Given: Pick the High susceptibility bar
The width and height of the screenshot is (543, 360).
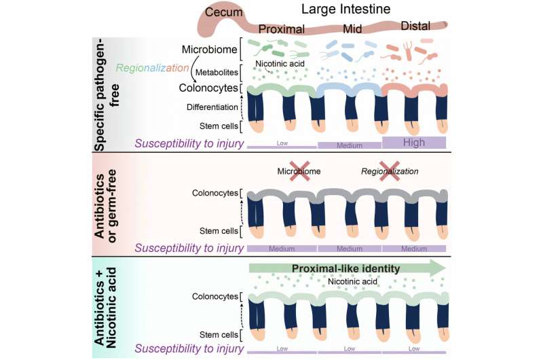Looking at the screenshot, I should tap(414, 142).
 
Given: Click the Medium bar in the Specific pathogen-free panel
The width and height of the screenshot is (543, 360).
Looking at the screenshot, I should tap(349, 145).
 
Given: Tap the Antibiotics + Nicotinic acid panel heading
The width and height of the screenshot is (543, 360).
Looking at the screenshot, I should tap(108, 309).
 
